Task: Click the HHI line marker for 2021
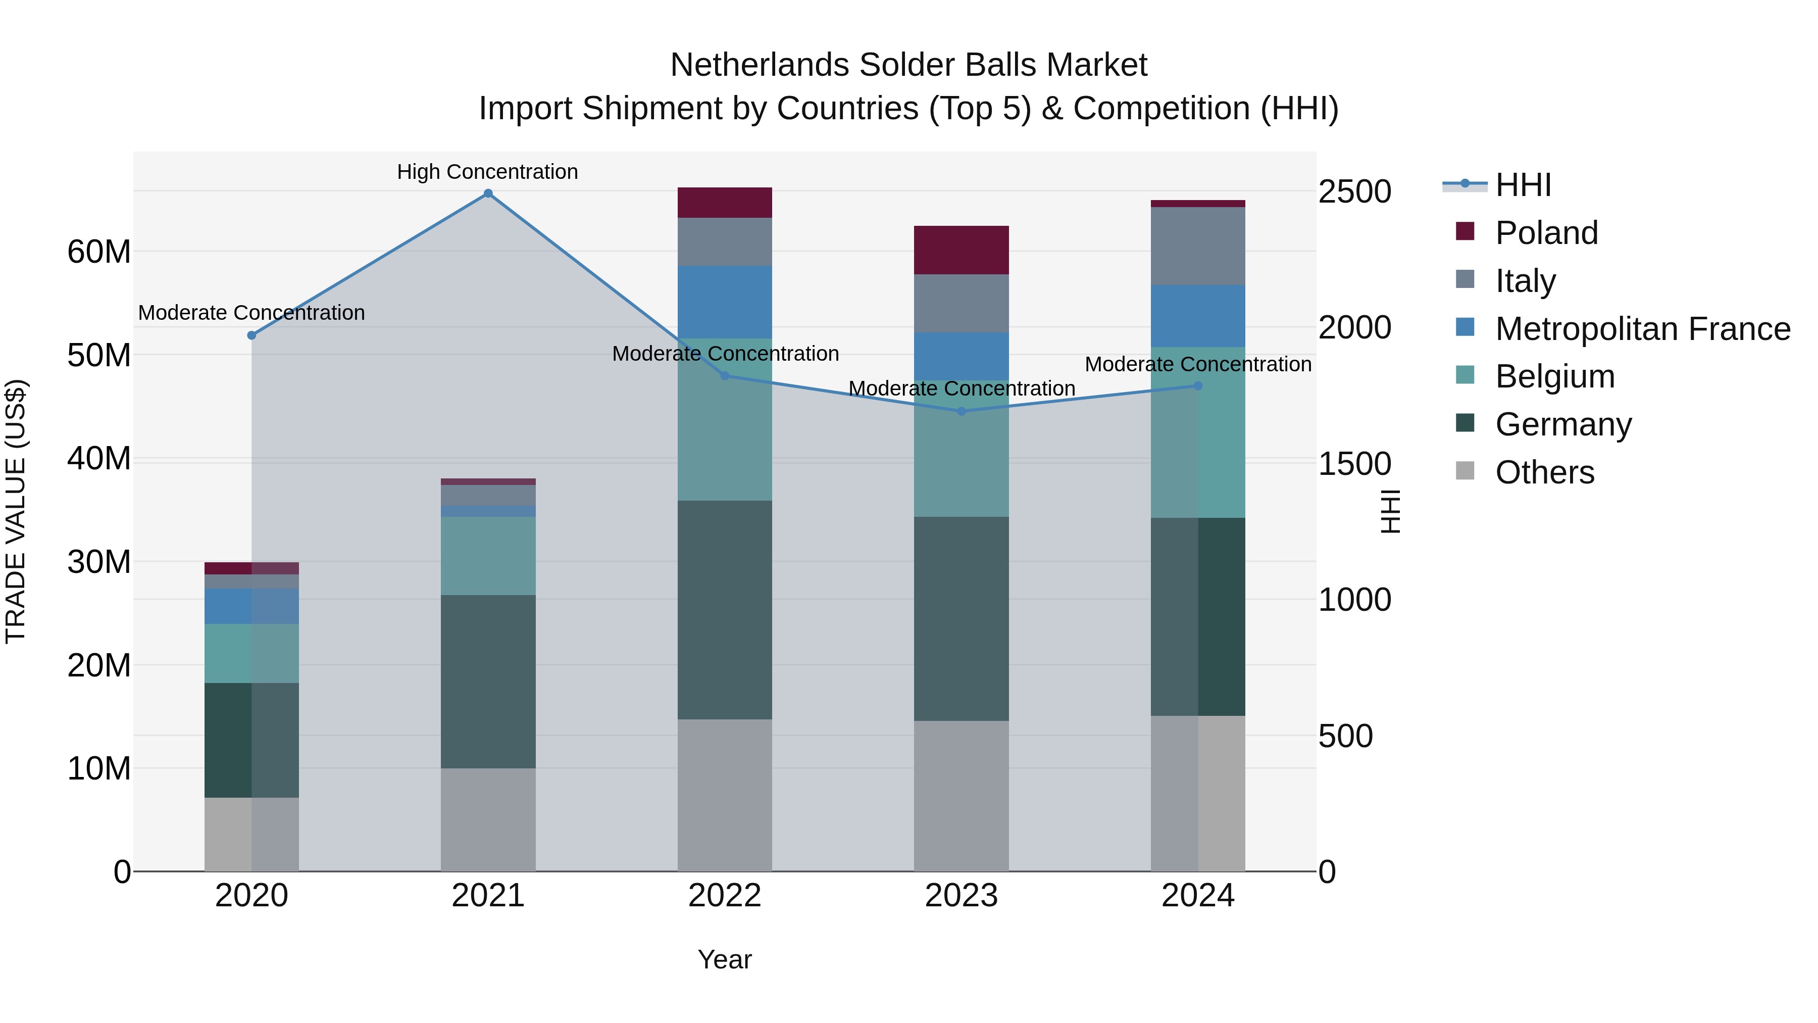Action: pyautogui.click(x=488, y=193)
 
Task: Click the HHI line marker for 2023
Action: pyautogui.click(x=961, y=411)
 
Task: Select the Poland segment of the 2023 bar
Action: pyautogui.click(x=961, y=250)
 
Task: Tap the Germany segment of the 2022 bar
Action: pyautogui.click(x=725, y=610)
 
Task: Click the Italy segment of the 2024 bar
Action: pyautogui.click(x=1198, y=246)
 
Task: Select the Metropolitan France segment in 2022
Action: pyautogui.click(x=725, y=302)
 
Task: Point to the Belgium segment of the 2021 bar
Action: pyautogui.click(x=488, y=556)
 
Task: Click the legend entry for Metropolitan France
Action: pyautogui.click(x=1642, y=328)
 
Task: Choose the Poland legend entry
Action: pyautogui.click(x=1546, y=233)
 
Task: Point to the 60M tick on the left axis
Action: pyautogui.click(x=99, y=252)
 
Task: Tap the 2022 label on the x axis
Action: pyautogui.click(x=725, y=896)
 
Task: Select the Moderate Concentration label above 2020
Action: pyautogui.click(x=251, y=312)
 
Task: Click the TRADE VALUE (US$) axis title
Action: pyautogui.click(x=16, y=511)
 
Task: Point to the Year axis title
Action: pyautogui.click(x=725, y=959)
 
